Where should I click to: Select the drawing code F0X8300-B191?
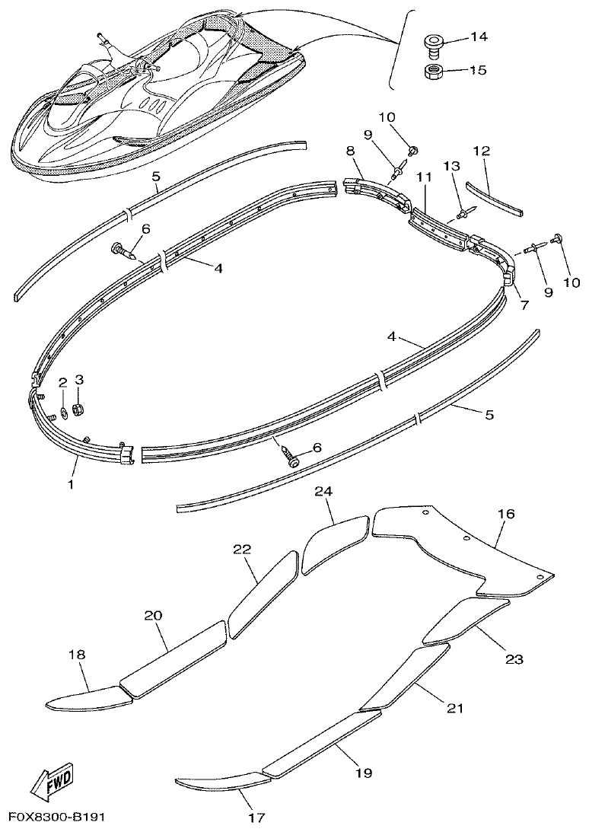click(57, 818)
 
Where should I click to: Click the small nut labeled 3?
click(78, 411)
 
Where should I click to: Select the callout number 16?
click(506, 515)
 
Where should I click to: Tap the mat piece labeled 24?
click(336, 543)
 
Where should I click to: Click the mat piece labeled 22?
click(263, 594)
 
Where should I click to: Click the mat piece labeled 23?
click(464, 617)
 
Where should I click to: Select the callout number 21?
click(454, 708)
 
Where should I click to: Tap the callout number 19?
click(363, 773)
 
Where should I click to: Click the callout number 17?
click(256, 818)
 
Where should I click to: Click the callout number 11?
click(424, 177)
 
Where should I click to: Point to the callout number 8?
click(351, 151)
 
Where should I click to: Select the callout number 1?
click(72, 483)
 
